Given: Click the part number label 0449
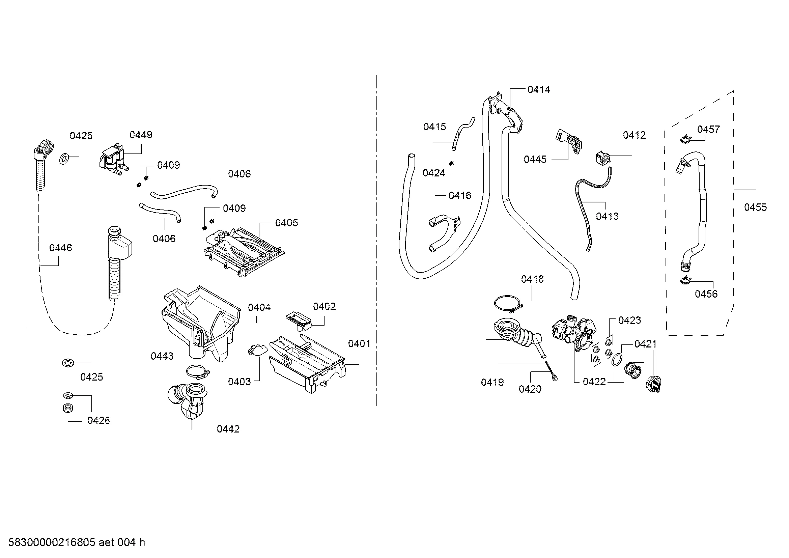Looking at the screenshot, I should [141, 135].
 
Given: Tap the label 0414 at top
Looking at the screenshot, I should [538, 90].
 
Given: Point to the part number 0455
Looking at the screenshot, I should [755, 207].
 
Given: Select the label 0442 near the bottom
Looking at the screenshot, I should [228, 429].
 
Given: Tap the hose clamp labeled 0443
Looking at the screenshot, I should [198, 371].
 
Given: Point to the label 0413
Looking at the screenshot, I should [607, 217].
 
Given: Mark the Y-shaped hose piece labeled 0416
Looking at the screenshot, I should [443, 234].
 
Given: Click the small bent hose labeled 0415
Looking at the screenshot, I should [462, 134].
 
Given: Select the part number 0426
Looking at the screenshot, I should [98, 421].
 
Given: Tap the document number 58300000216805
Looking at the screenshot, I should [52, 542].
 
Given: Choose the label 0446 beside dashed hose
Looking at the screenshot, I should [60, 248].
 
